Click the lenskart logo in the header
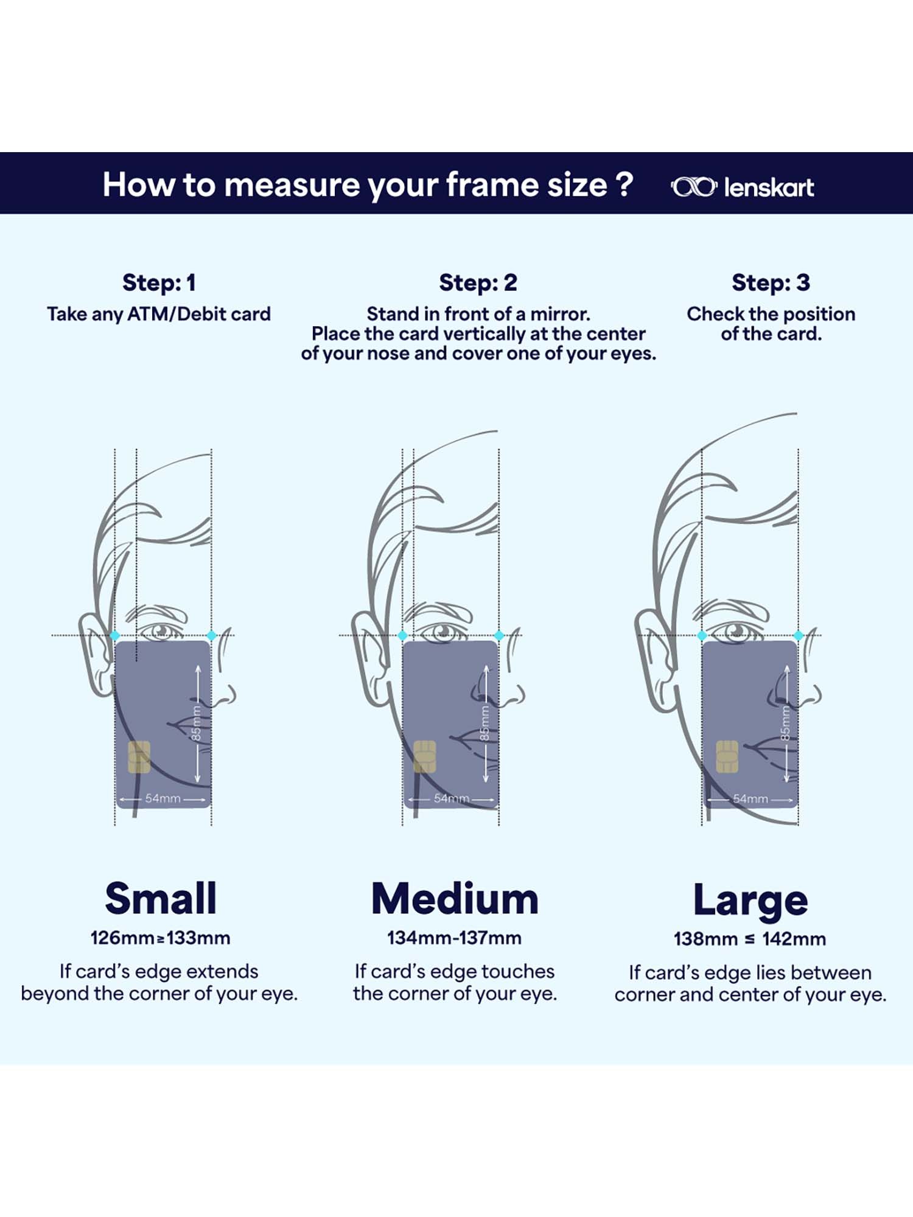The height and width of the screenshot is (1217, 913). click(742, 187)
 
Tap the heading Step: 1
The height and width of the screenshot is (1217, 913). click(159, 283)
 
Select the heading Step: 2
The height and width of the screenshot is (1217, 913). click(478, 283)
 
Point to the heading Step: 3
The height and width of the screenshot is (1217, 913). click(771, 283)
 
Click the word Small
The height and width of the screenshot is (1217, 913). click(161, 898)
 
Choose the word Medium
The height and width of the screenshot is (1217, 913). click(455, 899)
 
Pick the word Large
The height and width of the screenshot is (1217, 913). click(750, 901)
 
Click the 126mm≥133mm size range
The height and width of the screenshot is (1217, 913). click(160, 938)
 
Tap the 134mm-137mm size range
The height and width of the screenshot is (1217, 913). click(454, 938)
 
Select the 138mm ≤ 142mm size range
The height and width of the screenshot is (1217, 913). click(750, 939)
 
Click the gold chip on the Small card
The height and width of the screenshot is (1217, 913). click(139, 757)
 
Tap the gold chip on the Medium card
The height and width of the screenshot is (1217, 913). click(425, 756)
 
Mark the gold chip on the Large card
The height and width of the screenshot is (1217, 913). click(727, 756)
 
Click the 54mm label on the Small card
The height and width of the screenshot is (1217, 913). click(163, 798)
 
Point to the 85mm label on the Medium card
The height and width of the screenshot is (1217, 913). click(484, 723)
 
